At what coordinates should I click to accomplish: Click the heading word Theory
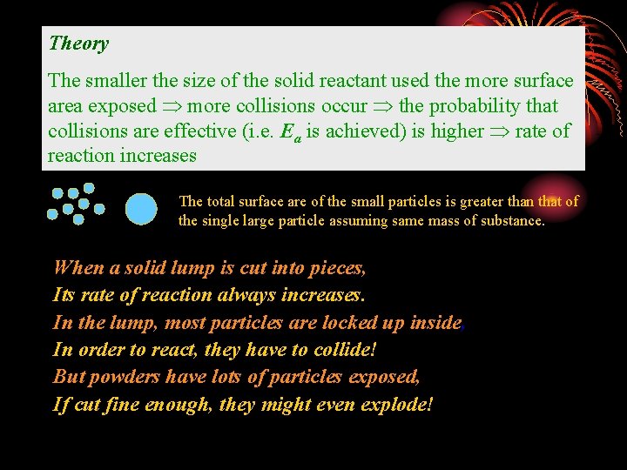coord(79,44)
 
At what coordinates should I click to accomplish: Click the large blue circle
coord(142,209)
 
